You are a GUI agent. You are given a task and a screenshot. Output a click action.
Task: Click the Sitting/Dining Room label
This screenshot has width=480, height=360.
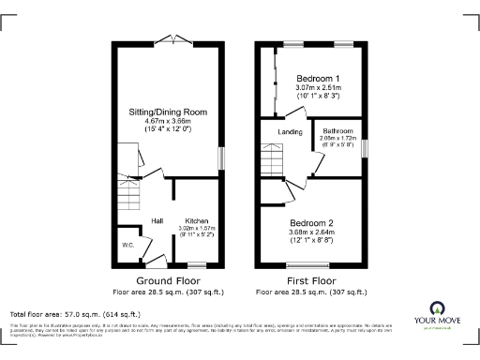[x=168, y=112]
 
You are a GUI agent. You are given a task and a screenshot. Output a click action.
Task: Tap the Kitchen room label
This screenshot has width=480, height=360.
[x=196, y=219]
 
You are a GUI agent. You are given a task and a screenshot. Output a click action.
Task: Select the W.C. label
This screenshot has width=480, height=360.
[x=127, y=247]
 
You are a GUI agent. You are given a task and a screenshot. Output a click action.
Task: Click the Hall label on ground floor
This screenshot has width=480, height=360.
[x=158, y=221]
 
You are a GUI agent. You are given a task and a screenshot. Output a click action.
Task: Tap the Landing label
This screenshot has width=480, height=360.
[x=291, y=132]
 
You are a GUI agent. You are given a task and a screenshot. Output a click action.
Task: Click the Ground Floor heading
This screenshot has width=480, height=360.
[x=167, y=280]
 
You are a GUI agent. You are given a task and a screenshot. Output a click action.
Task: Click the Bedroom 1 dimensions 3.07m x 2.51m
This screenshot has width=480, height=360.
[x=317, y=87]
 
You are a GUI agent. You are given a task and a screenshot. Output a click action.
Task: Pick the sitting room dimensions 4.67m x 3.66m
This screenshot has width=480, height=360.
[x=168, y=121]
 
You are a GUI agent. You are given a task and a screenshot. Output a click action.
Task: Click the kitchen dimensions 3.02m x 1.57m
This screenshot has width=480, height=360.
[x=196, y=228]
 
